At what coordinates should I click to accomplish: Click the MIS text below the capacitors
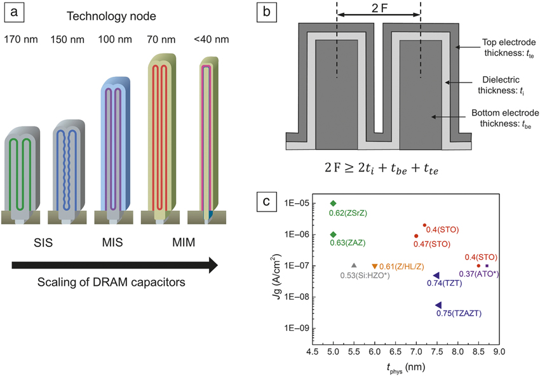point(115,245)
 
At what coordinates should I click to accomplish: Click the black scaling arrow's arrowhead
point(212,264)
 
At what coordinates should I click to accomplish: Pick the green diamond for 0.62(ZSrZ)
point(333,203)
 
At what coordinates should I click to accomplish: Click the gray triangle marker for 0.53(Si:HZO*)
point(354,265)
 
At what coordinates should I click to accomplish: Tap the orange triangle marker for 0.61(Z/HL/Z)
point(374,265)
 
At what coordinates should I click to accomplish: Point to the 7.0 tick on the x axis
point(416,351)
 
